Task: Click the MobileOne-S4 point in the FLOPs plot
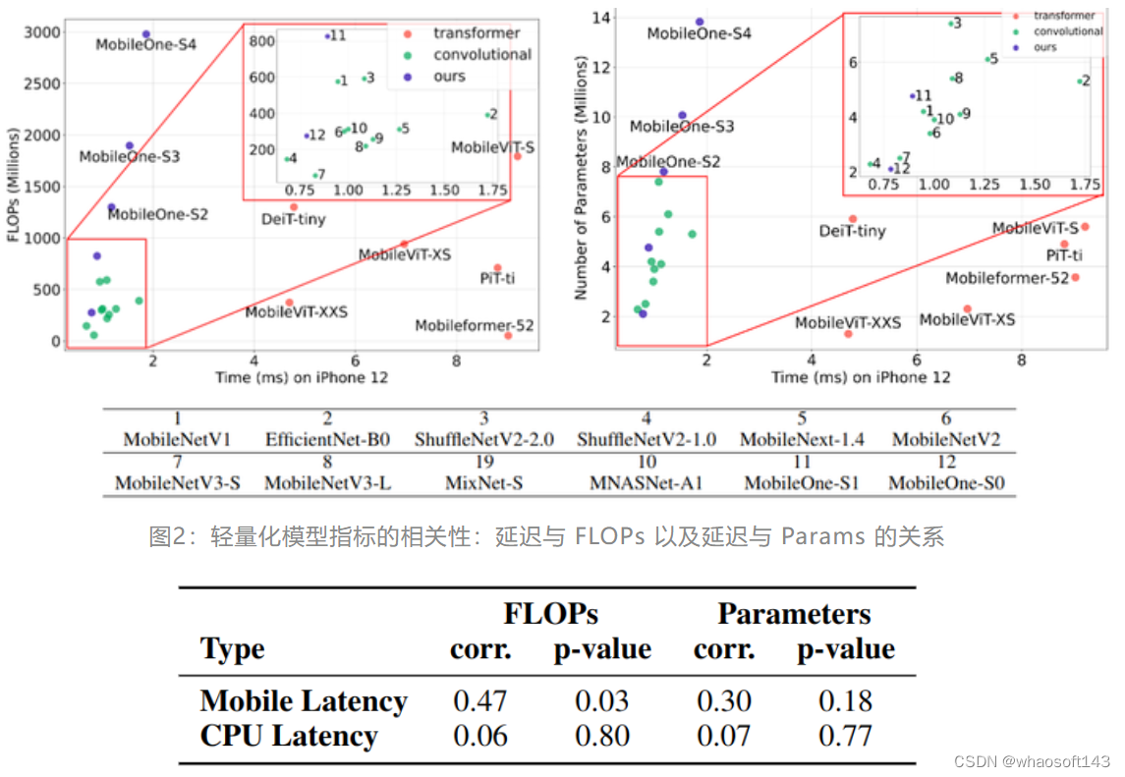(x=146, y=34)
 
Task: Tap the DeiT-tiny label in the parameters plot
(x=852, y=232)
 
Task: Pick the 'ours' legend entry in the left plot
(x=449, y=77)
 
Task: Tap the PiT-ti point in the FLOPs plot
(x=497, y=268)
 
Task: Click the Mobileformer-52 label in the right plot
(x=1006, y=279)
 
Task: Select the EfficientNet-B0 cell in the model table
(x=327, y=440)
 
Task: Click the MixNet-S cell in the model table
(x=490, y=483)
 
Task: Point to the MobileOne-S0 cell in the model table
(x=949, y=483)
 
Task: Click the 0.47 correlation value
(x=479, y=700)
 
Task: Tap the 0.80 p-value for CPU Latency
(x=601, y=736)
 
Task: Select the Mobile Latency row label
(x=303, y=700)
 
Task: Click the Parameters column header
(x=794, y=615)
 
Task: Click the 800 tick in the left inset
(x=260, y=41)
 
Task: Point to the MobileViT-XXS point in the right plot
(x=848, y=334)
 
